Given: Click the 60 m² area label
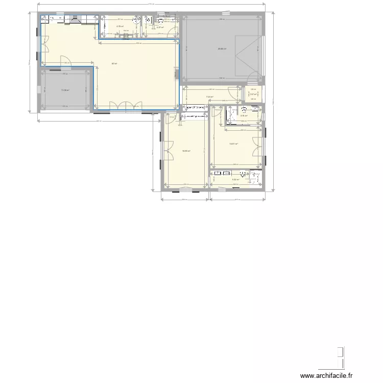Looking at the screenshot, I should [114, 64].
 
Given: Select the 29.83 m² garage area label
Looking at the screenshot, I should [222, 49].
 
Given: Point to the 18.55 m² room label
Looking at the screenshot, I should [186, 151].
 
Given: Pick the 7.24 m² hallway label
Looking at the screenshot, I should [209, 98].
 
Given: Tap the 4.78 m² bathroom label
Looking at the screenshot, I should [120, 27].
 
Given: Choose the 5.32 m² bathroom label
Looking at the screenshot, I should [236, 179].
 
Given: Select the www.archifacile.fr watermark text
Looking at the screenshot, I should [327, 376].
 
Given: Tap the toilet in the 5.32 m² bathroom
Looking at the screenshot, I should [256, 176].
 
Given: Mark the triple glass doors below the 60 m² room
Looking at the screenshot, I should [126, 106].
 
